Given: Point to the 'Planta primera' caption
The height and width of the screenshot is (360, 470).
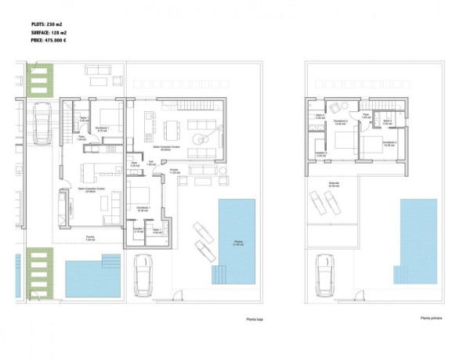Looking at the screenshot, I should click(432, 319).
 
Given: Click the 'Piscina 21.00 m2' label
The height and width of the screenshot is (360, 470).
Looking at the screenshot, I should click(237, 243).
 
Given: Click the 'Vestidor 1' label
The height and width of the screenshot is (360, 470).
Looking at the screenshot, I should click(139, 230).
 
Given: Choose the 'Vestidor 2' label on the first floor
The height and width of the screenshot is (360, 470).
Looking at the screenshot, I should click(320, 153).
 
